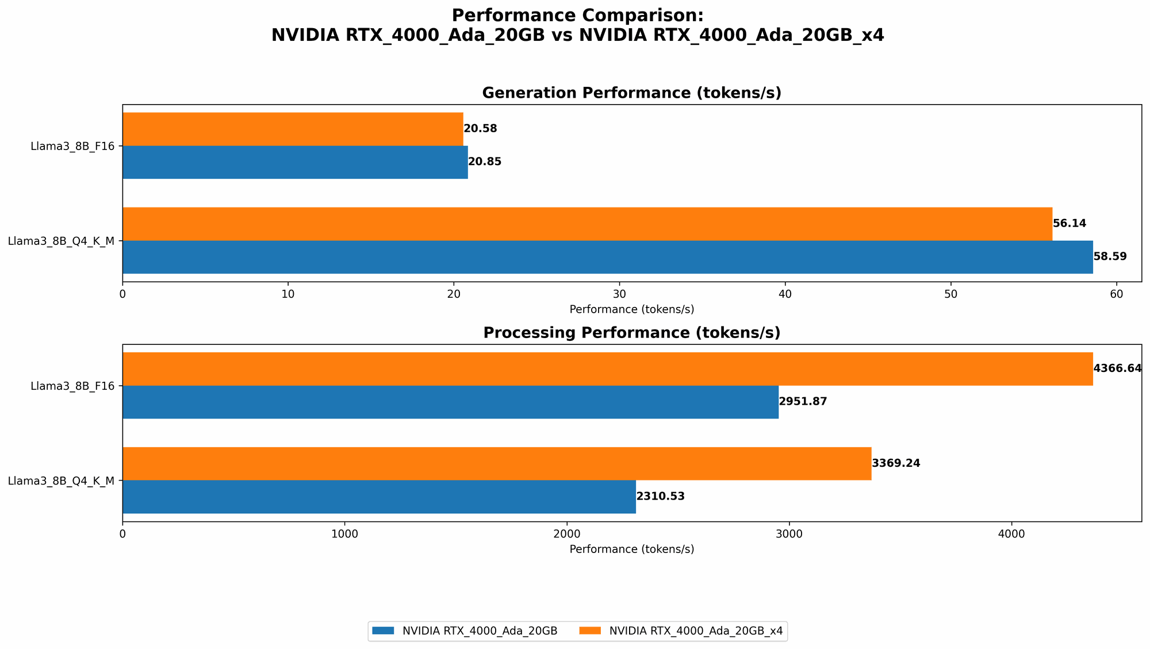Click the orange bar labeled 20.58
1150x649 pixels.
[x=293, y=129]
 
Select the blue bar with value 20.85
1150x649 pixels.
[x=295, y=162]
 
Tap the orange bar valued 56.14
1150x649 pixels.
[x=587, y=224]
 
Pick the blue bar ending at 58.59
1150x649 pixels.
[x=607, y=257]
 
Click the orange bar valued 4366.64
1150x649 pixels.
[x=607, y=368]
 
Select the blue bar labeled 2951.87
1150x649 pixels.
[x=450, y=402]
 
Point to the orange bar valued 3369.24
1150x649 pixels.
[x=497, y=463]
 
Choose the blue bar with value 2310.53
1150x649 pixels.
[x=379, y=497]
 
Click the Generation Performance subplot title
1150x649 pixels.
[x=631, y=93]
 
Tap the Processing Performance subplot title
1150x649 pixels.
[x=631, y=333]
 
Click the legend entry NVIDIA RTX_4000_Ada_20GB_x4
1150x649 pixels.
[x=695, y=631]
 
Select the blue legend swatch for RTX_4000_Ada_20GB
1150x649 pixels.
[x=384, y=631]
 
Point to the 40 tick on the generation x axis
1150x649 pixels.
[x=785, y=294]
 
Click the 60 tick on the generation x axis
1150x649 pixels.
[x=1116, y=294]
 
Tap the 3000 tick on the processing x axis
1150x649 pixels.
[x=789, y=534]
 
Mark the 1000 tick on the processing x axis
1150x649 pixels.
[x=344, y=534]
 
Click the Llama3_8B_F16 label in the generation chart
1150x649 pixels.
[x=72, y=146]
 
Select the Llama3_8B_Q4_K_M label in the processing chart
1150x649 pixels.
[x=61, y=481]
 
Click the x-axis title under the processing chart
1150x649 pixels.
[x=631, y=549]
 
